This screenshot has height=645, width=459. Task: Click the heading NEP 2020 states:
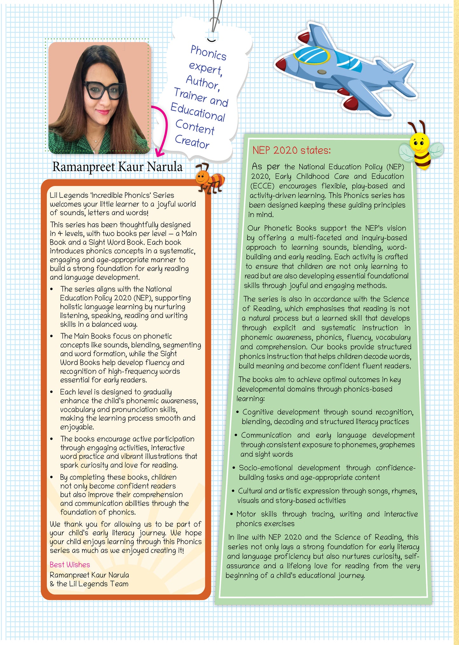click(291, 150)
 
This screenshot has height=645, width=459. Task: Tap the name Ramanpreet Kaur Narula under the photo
click(117, 167)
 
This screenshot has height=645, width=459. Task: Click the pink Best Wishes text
click(70, 565)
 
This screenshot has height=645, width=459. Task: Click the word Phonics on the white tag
click(208, 52)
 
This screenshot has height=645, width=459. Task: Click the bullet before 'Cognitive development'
click(237, 412)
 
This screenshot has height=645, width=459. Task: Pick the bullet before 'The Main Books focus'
click(52, 336)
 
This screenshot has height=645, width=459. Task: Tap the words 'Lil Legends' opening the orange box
click(64, 195)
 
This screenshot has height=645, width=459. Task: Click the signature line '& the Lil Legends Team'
click(89, 584)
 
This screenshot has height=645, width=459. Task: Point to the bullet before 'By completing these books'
click(52, 477)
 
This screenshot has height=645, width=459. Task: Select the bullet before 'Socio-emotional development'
click(234, 468)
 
